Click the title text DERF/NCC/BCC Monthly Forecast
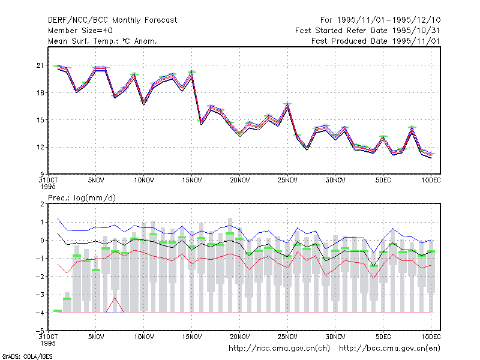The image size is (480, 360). (112, 20)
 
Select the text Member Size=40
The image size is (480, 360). (80, 31)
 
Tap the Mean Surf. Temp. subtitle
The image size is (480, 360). (102, 41)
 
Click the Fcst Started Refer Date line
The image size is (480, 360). (368, 31)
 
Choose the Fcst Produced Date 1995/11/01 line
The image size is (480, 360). (376, 41)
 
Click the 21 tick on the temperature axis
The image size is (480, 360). (40, 65)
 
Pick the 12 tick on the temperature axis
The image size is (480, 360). (40, 147)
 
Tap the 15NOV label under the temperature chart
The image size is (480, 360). (192, 181)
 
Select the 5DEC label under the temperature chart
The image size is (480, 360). (383, 181)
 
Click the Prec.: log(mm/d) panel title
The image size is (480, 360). (82, 198)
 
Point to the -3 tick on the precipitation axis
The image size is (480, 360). (40, 295)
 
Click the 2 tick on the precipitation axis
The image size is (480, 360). (42, 204)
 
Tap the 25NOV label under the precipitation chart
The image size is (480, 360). (287, 337)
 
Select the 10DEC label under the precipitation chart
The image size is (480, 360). (431, 337)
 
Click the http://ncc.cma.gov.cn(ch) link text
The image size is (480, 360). (279, 349)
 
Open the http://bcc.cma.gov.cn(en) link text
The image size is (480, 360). (389, 349)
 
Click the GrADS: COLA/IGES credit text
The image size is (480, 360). (27, 356)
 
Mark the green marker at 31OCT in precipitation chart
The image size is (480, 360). (58, 311)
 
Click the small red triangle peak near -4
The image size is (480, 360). (115, 297)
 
